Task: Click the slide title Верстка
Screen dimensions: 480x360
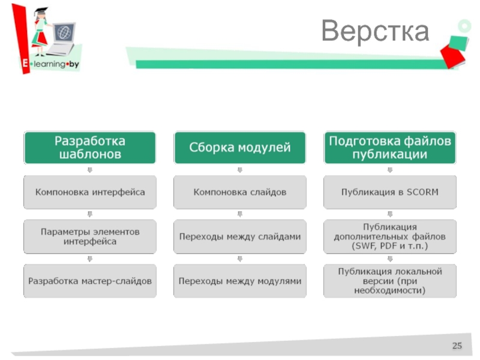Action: (x=375, y=31)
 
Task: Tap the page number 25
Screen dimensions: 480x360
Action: (x=457, y=346)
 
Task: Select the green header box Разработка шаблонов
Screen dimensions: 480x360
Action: (x=90, y=148)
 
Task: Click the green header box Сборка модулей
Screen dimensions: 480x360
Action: (x=239, y=148)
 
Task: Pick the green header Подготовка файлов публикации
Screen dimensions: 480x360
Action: (x=389, y=148)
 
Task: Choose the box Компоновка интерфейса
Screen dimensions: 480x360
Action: (x=90, y=192)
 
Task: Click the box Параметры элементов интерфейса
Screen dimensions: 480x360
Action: (x=90, y=236)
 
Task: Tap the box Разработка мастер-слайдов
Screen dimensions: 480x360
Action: (x=90, y=281)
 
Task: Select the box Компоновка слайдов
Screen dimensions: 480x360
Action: (x=239, y=192)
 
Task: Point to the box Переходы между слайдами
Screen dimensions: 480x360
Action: (x=239, y=236)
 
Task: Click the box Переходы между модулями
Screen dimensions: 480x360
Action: (x=239, y=281)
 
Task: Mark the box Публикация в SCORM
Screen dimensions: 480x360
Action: (x=389, y=192)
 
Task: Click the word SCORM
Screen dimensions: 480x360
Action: (x=422, y=192)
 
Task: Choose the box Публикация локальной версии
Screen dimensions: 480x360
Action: (x=389, y=281)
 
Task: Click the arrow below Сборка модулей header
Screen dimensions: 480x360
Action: (x=239, y=170)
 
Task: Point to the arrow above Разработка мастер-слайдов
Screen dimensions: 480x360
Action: (x=89, y=259)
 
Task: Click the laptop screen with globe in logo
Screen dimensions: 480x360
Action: (x=64, y=32)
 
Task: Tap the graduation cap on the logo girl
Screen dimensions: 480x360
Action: (x=41, y=11)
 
